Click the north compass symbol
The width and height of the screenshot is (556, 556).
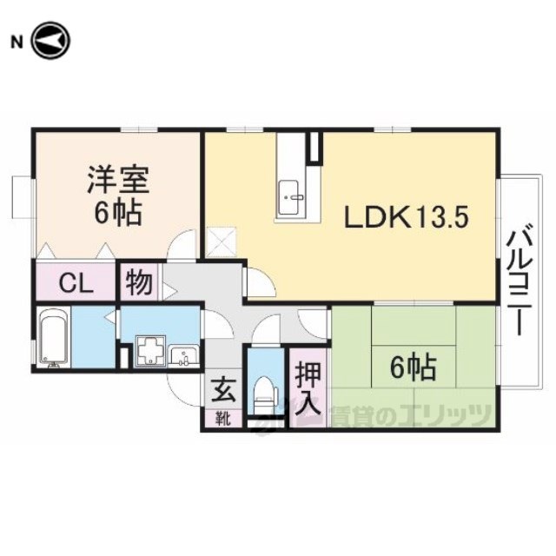tap(51, 41)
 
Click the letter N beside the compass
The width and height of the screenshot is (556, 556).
tap(17, 43)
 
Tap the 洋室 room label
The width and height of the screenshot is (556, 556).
tap(118, 180)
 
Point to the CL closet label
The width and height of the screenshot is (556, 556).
tap(76, 284)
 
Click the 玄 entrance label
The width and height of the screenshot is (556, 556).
tap(224, 390)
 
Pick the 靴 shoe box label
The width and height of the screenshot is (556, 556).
tap(224, 419)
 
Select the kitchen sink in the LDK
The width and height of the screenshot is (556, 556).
tap(288, 197)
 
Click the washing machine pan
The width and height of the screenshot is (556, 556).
tap(151, 350)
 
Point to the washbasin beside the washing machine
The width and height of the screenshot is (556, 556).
tap(183, 355)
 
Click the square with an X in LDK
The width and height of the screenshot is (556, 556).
tap(222, 242)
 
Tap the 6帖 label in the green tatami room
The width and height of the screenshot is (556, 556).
tap(414, 367)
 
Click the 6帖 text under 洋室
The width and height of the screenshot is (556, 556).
tap(118, 212)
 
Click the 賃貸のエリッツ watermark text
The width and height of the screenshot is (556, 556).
tap(411, 415)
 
